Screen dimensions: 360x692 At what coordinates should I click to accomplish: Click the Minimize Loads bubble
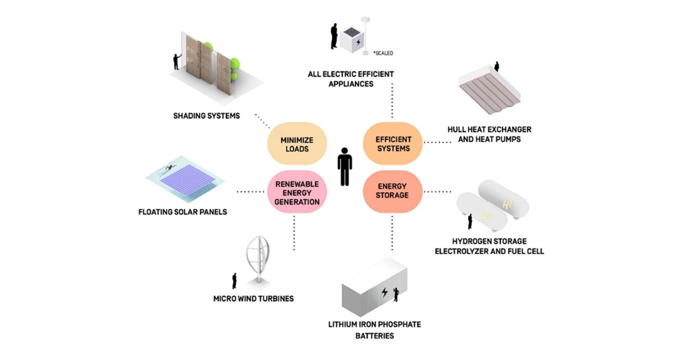tap(296, 144)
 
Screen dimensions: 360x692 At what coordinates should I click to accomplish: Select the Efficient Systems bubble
tap(393, 144)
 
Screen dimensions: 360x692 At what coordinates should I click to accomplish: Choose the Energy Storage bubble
tap(393, 191)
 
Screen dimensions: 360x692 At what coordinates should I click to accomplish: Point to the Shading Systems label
tap(207, 116)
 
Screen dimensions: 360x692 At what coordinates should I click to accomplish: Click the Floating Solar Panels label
tap(183, 212)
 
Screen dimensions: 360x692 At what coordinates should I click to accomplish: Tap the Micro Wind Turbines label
tap(253, 298)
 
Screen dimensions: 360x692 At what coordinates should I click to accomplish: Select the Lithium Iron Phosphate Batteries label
tap(375, 330)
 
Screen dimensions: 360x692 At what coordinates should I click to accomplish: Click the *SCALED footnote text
tap(383, 53)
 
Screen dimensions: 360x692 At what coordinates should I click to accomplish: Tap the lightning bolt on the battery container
tap(384, 292)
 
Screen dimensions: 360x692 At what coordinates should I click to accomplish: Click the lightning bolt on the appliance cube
tap(358, 42)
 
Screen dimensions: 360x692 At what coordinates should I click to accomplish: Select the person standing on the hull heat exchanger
tap(497, 67)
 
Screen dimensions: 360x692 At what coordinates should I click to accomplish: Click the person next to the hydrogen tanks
tap(470, 220)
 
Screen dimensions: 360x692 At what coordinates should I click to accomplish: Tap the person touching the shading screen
tap(177, 61)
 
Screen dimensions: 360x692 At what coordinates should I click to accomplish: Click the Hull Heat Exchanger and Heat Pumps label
tap(489, 134)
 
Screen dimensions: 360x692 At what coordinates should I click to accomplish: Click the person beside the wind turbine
tap(234, 281)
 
